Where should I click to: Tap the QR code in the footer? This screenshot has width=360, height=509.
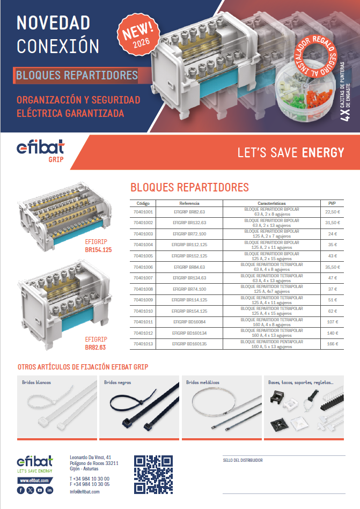(153, 474)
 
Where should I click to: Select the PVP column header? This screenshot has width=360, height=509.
(332, 204)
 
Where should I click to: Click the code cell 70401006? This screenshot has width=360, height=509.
(143, 267)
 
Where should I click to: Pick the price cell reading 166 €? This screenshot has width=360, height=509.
(332, 344)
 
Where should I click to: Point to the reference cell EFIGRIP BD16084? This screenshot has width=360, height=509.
(189, 322)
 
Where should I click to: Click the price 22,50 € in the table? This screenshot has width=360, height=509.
(332, 211)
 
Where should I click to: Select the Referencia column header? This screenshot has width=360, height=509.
(189, 204)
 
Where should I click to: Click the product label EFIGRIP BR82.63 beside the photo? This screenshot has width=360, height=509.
(96, 343)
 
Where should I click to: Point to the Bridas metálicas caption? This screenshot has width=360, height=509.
(203, 382)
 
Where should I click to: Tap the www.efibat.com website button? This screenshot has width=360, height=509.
(35, 480)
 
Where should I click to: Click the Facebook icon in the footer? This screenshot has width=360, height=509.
(21, 490)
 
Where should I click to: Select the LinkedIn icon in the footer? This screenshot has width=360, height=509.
(49, 490)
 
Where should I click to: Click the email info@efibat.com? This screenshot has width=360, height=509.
(85, 491)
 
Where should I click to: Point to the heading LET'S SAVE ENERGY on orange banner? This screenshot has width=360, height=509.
(290, 153)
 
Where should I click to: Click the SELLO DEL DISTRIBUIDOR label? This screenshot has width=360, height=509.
(243, 460)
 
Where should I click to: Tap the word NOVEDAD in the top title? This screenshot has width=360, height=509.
(53, 23)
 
